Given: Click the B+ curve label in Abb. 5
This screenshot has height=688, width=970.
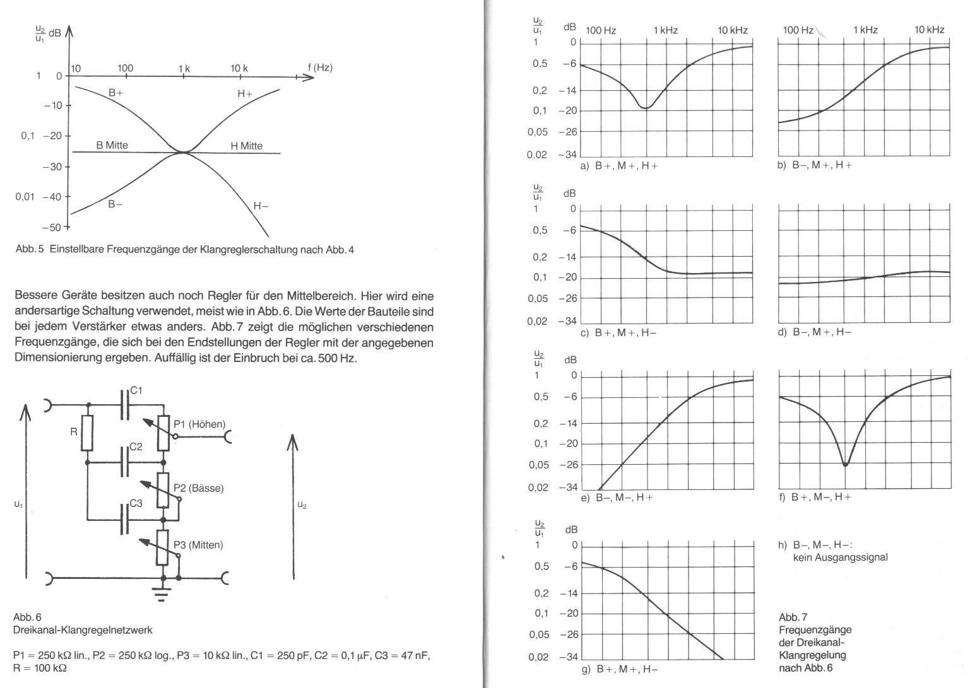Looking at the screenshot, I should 115,93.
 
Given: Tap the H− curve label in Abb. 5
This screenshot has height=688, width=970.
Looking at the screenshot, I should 261,206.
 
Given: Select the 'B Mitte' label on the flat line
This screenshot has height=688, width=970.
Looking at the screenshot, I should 112,145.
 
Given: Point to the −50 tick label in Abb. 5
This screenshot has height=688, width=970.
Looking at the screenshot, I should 52,227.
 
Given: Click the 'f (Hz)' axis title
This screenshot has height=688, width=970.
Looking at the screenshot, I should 320,67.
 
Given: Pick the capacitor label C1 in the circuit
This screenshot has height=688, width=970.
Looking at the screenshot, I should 136,391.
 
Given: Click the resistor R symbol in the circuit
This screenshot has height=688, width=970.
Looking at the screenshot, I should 88,433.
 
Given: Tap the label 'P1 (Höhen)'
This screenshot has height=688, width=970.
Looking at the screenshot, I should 199,424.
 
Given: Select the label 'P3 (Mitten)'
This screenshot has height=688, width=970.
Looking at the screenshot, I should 198,545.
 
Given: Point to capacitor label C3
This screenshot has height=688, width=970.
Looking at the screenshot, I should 136,503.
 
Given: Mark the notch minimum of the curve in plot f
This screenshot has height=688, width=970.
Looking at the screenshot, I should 846,465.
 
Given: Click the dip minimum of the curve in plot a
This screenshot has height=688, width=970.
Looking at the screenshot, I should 645,108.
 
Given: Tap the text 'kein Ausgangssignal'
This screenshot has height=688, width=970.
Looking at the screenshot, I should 840,557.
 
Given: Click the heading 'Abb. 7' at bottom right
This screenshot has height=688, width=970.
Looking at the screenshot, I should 793,617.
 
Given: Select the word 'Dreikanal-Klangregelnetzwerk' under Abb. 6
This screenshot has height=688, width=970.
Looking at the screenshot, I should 83,629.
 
